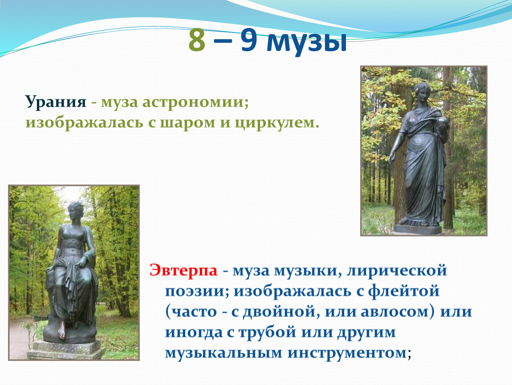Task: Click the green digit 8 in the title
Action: (197, 41)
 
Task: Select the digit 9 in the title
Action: (249, 41)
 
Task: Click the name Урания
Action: (56, 102)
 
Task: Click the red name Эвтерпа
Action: (183, 270)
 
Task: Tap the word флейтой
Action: (404, 291)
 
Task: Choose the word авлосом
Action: (398, 312)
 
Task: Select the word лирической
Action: (396, 270)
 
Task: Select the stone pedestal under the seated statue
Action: (66, 350)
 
